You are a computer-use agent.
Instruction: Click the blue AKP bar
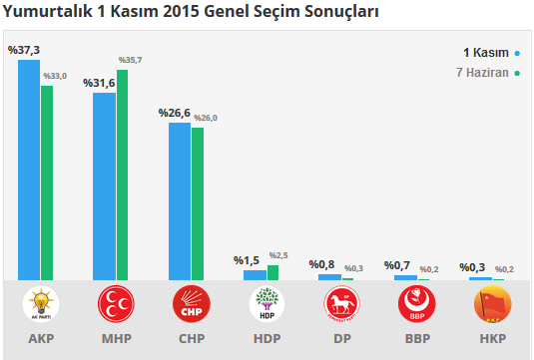coord(29,170)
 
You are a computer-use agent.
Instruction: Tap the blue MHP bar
coord(104,185)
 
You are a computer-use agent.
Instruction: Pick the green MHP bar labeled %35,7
coord(122,175)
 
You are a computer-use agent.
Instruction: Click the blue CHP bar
coord(179,200)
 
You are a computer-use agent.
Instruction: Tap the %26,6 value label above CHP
coord(174,113)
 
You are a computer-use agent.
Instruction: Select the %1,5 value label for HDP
coord(247,260)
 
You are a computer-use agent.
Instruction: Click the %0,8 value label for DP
coord(321,264)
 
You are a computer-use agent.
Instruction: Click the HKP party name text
coord(491,339)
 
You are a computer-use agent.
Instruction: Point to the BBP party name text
coord(416,339)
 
